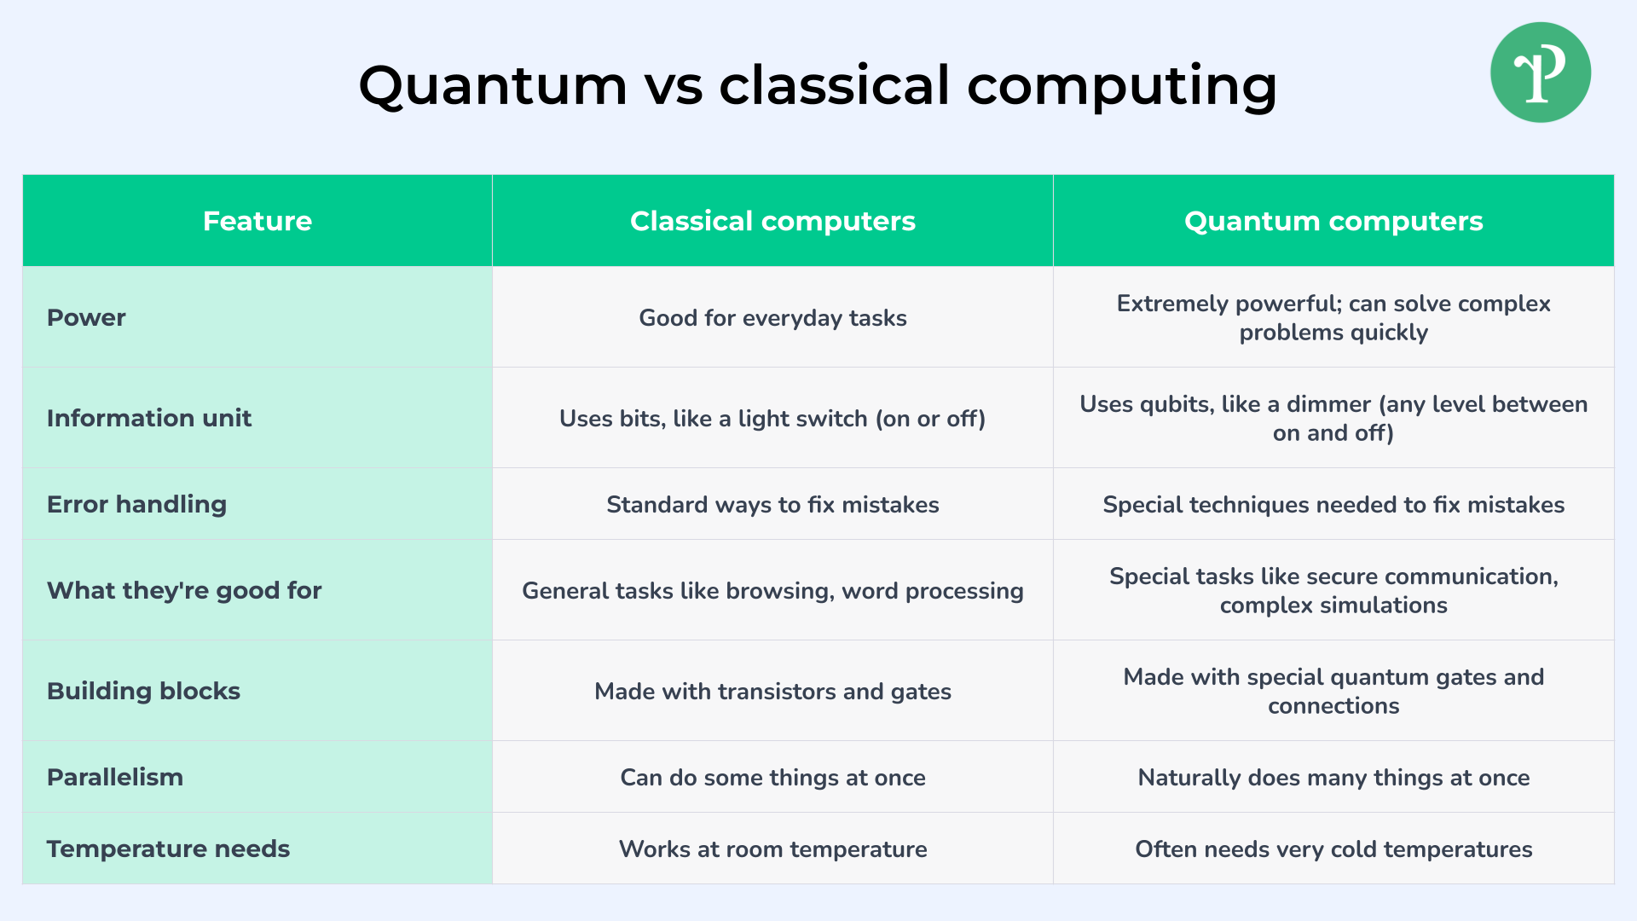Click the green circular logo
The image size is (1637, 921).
1541,72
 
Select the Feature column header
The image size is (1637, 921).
257,221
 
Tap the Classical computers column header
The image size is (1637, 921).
772,221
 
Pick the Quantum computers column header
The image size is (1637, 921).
1333,221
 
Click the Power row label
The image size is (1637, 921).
86,317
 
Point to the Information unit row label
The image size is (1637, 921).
149,418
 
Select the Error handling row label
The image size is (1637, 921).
136,504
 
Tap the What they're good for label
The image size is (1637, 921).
184,590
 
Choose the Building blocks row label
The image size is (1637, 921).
143,691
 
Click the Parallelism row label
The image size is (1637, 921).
115,777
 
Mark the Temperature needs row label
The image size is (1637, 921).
168,849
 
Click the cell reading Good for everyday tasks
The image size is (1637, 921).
772,318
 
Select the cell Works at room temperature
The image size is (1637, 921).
772,849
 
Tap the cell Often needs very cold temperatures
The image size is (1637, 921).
1333,849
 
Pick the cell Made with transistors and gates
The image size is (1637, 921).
772,692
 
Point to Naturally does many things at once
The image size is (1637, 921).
1333,778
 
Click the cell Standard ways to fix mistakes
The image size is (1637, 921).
772,505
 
